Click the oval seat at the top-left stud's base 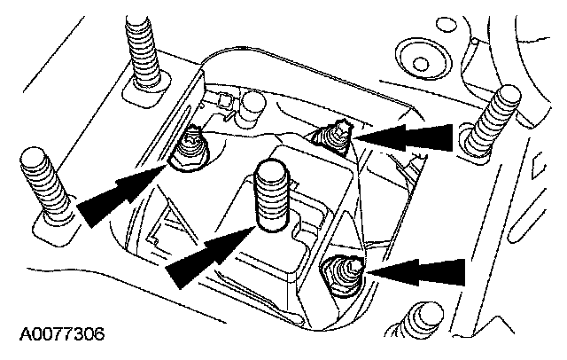click(x=146, y=87)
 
